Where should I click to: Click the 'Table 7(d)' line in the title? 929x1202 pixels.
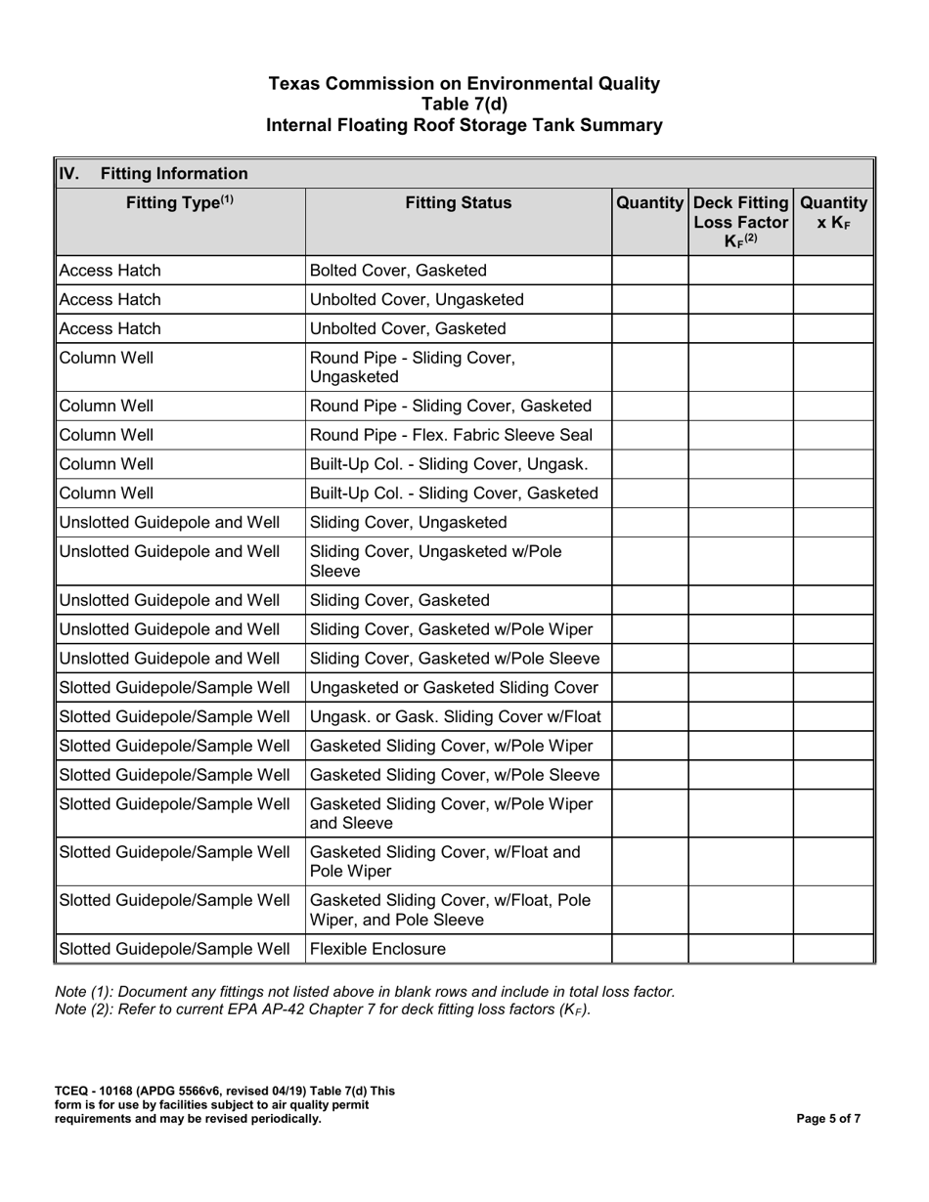(x=464, y=105)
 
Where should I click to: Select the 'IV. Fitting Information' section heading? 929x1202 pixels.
(x=154, y=174)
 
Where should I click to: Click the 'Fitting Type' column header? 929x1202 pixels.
(x=180, y=203)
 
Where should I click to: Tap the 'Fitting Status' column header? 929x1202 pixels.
(x=459, y=203)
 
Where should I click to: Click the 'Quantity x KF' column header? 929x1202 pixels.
(x=833, y=212)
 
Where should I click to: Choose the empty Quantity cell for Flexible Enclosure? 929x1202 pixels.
(x=650, y=948)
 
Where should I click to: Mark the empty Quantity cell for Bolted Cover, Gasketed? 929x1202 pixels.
(x=650, y=271)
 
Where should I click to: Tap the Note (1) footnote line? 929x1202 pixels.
(x=365, y=991)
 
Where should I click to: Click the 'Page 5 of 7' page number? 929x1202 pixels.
(x=829, y=1119)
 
